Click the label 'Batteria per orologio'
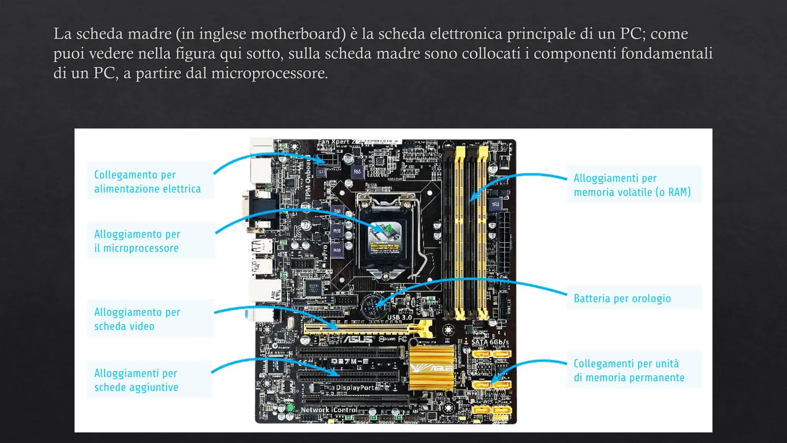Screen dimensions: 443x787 tap(622, 298)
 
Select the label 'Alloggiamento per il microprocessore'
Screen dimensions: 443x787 tap(137, 241)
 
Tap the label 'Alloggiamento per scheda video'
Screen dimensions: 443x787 tap(137, 319)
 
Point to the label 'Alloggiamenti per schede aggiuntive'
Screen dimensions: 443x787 tap(136, 380)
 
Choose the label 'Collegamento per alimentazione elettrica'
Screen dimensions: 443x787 tap(147, 182)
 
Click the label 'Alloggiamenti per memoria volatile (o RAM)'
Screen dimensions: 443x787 tap(632, 185)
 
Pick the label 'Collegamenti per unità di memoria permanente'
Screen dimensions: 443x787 tap(629, 371)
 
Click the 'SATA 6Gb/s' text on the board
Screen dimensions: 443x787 tap(490, 342)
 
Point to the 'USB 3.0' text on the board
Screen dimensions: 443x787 tap(399, 318)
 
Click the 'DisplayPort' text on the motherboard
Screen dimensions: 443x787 tap(357, 388)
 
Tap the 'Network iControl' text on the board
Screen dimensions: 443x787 tap(329, 410)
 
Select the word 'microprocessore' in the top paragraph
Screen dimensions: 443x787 tap(269, 73)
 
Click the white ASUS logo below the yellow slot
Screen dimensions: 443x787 tap(357, 340)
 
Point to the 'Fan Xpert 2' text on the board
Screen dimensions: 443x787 tap(336, 142)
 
